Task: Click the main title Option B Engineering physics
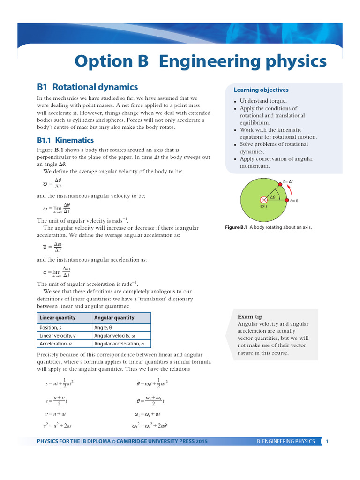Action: [200, 61]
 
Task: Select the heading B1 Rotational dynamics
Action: [87, 87]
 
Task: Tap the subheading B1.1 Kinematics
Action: [65, 140]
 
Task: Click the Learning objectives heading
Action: [261, 90]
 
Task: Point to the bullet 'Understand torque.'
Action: [263, 101]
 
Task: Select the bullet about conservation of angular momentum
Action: [276, 163]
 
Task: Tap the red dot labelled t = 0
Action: [286, 200]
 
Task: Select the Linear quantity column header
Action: [58, 318]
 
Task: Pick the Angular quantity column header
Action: [114, 318]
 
